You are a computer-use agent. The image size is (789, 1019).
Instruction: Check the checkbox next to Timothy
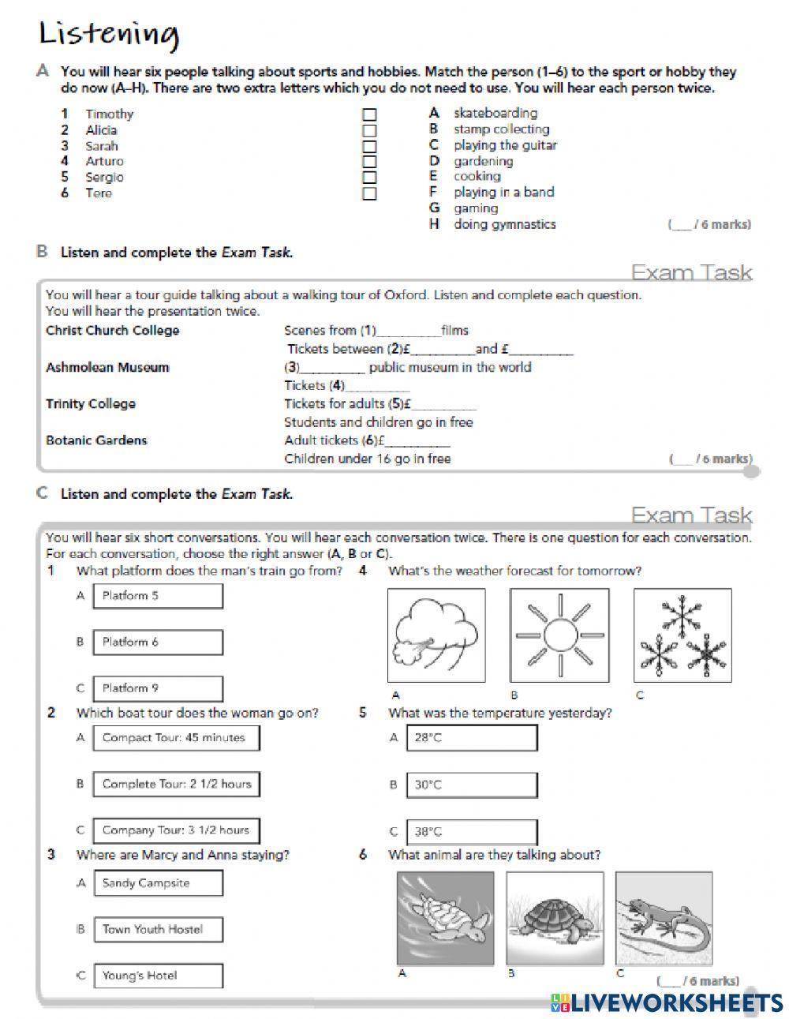pyautogui.click(x=369, y=115)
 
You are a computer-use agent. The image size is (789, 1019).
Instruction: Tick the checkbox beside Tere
pyautogui.click(x=369, y=193)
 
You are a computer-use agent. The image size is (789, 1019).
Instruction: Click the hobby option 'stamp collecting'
pyautogui.click(x=501, y=129)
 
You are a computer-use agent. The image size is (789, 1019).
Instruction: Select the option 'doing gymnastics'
pyautogui.click(x=504, y=224)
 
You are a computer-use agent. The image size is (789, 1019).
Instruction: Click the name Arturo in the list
pyautogui.click(x=104, y=161)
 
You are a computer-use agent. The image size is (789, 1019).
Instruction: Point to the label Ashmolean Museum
pyautogui.click(x=107, y=367)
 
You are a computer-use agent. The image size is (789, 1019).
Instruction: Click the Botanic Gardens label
pyautogui.click(x=96, y=440)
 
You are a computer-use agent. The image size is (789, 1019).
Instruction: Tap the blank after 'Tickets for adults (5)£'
pyautogui.click(x=444, y=405)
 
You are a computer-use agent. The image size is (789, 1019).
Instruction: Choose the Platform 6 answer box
pyautogui.click(x=158, y=642)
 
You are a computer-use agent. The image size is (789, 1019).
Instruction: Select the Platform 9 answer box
pyautogui.click(x=158, y=688)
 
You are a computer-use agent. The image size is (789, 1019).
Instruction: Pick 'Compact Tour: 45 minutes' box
pyautogui.click(x=177, y=738)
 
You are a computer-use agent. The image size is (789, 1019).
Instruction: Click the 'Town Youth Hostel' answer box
pyautogui.click(x=158, y=930)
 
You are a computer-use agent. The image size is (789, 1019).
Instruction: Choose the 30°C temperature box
pyautogui.click(x=472, y=785)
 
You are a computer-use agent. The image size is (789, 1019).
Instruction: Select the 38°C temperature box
pyautogui.click(x=472, y=831)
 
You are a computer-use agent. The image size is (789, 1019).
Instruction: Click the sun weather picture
pyautogui.click(x=559, y=635)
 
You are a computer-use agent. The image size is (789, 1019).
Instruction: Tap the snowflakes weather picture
pyautogui.click(x=682, y=635)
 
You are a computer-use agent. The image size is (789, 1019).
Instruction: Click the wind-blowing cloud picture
pyautogui.click(x=436, y=635)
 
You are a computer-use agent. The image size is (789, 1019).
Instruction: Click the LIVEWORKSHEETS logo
pyautogui.click(x=667, y=1002)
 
